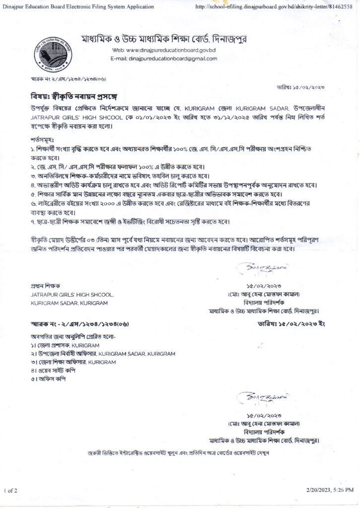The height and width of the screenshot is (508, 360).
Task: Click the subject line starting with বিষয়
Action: [x=73, y=95]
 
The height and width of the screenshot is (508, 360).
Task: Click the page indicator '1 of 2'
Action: [x=10, y=491]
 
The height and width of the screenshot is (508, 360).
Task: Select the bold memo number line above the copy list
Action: [x=79, y=324]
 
